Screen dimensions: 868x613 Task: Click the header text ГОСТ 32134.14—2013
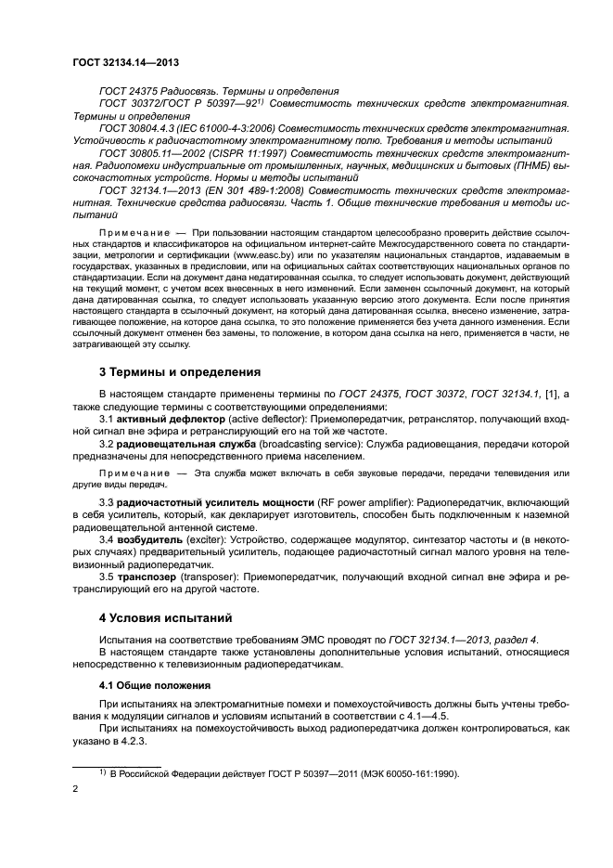126,62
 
